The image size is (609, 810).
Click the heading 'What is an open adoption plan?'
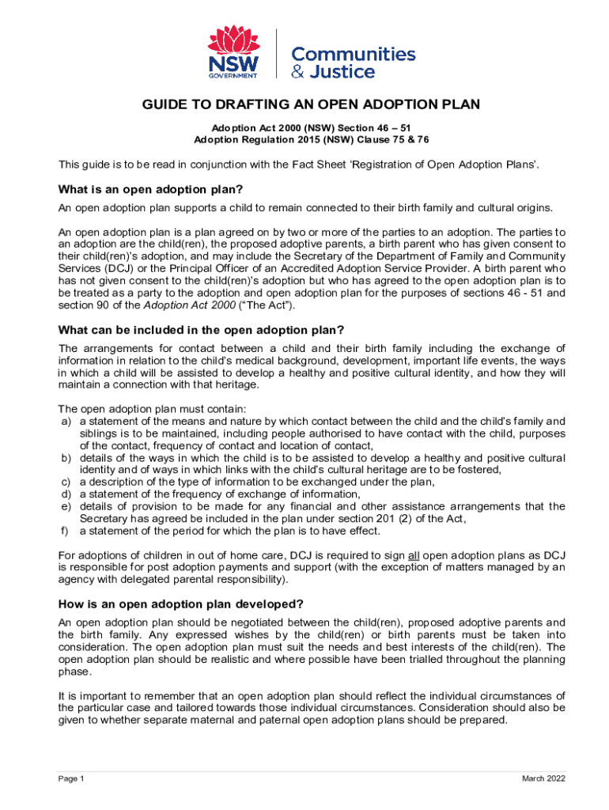(150, 190)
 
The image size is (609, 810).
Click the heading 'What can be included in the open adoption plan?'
(202, 329)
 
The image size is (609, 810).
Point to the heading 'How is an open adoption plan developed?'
(182, 604)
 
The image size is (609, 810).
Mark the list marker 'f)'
(66, 530)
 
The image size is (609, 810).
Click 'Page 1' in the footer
(71, 779)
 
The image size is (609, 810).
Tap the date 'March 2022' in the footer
(543, 779)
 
